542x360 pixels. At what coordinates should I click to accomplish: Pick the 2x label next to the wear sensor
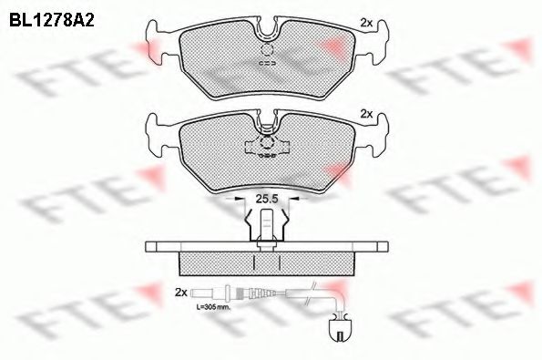pos(180,293)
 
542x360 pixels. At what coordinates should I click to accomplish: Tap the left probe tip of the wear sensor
pos(197,293)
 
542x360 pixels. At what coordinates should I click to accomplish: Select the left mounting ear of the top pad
pos(156,40)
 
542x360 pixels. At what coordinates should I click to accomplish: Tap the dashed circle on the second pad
pos(266,144)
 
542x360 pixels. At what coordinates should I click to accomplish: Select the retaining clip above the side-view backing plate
pos(265,226)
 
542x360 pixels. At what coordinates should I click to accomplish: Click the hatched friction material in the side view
pos(266,262)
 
